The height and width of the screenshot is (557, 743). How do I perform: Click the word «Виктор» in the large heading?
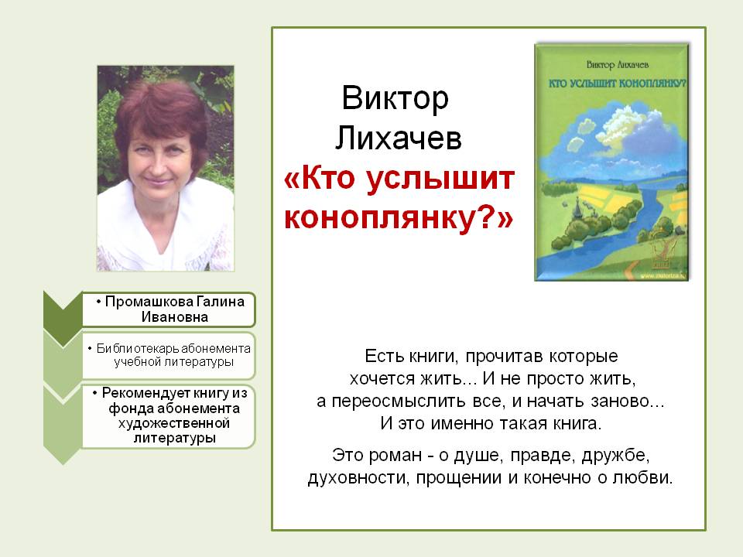pos(395,98)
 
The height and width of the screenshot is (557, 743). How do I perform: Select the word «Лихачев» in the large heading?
pos(398,138)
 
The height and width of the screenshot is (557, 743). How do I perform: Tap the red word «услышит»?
pos(440,179)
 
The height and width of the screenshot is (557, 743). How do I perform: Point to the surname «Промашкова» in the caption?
pos(149,302)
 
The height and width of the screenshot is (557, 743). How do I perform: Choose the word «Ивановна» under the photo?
pos(174,317)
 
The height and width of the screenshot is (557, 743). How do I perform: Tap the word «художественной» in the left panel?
pos(174,423)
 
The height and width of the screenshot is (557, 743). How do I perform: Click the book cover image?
pos(611,162)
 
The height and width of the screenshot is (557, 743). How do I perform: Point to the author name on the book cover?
pos(617,64)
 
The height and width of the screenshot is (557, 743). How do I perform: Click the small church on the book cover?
pos(577,210)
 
